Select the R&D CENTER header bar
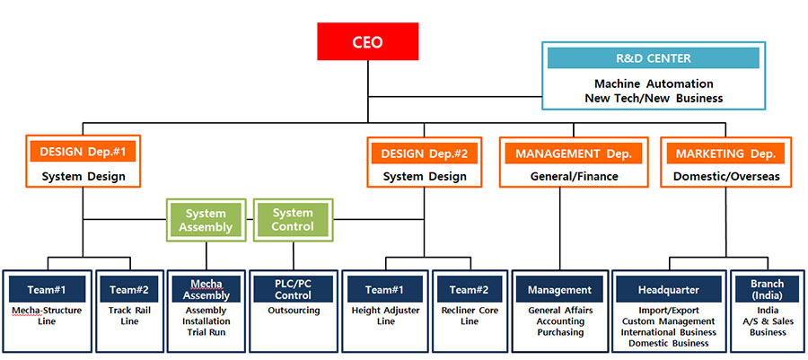coord(653,58)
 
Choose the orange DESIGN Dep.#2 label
coord(425,154)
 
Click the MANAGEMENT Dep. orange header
coord(572,154)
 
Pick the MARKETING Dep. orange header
coord(726,154)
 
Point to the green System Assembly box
coord(206,220)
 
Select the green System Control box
coord(293,220)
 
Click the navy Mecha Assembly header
coord(206,289)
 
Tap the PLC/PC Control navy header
coord(293,289)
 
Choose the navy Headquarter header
coord(668,289)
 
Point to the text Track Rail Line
coord(129,316)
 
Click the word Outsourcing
coord(293,311)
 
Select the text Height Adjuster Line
coord(385,316)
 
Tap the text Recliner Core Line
coord(469,316)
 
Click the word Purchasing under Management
coord(559,332)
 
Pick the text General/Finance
coord(572,177)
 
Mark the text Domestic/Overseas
coord(726,177)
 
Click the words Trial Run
coord(206,332)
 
